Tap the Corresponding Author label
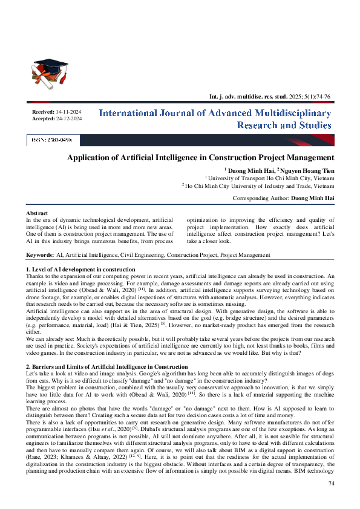click(x=260, y=198)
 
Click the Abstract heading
click(x=38, y=213)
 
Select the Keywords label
click(x=40, y=256)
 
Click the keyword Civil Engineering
click(x=138, y=256)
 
